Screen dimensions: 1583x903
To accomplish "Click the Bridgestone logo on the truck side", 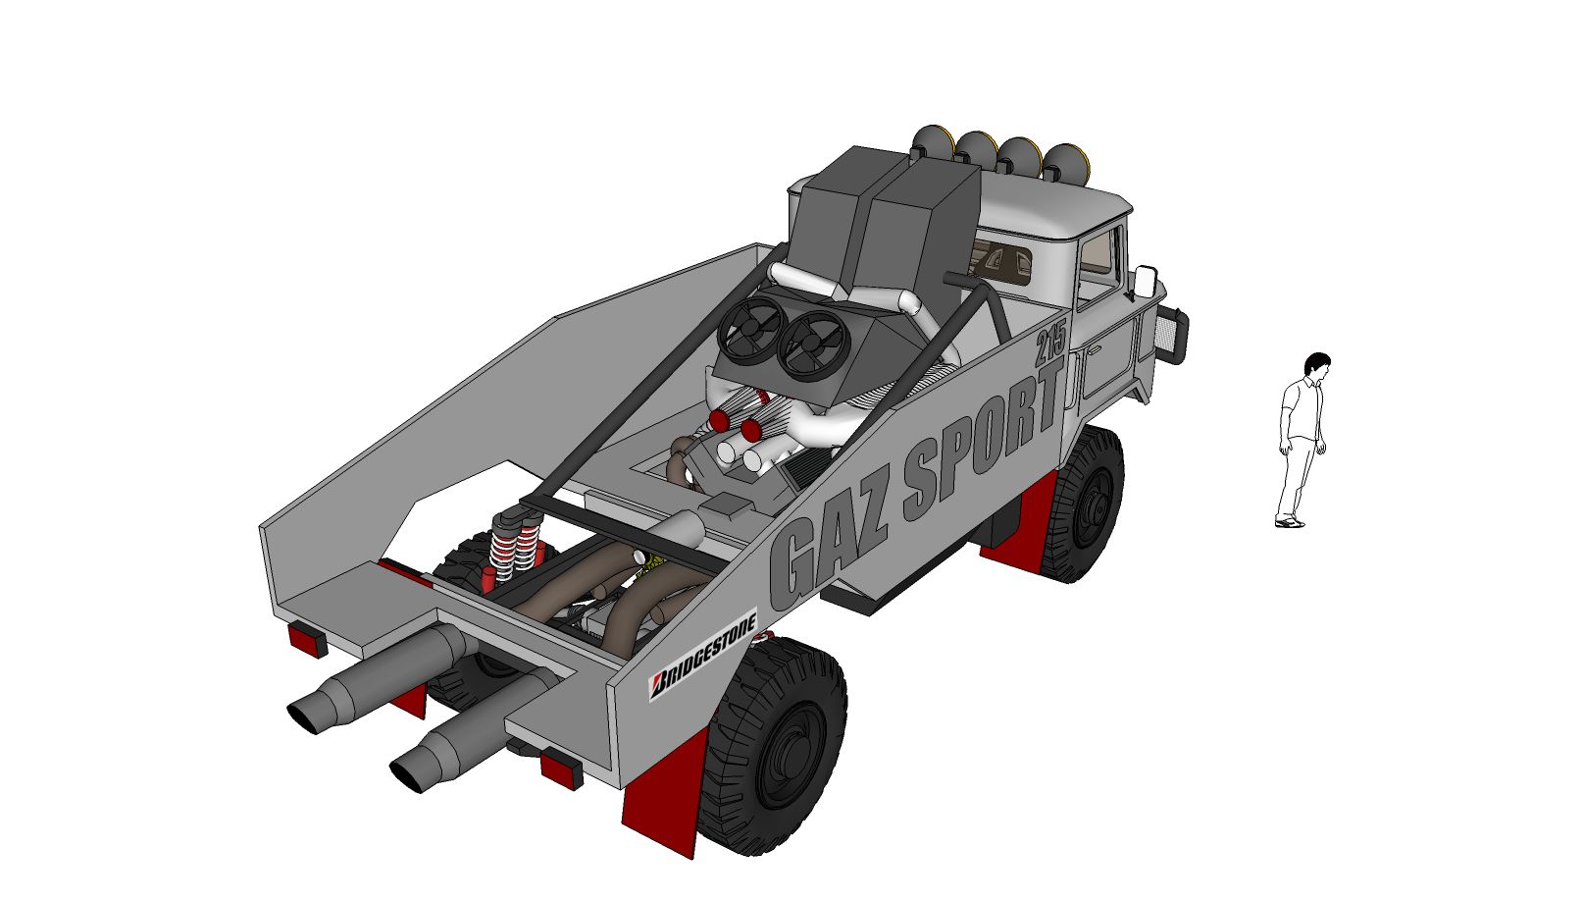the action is pos(703,654).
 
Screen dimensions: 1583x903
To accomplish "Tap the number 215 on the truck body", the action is pos(1050,343).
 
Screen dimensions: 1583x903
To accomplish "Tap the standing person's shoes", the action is pos(1291,523).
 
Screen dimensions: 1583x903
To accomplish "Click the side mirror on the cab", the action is pos(1145,282).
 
